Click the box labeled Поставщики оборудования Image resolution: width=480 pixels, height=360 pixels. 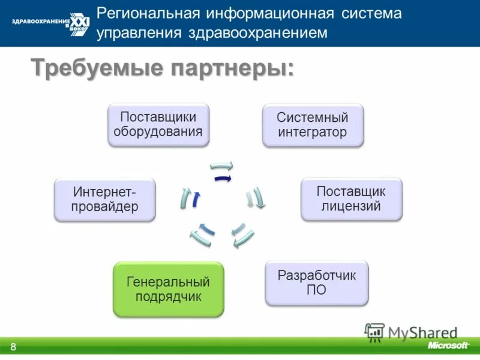click(158, 124)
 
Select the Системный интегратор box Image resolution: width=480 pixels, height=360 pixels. click(313, 125)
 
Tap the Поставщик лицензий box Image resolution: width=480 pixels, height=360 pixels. click(351, 199)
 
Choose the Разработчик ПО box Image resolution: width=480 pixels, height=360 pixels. click(317, 283)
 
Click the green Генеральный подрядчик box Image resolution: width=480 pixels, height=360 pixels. click(168, 289)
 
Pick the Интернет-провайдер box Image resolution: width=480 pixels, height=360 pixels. click(105, 199)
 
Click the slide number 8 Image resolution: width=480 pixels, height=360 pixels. click(13, 347)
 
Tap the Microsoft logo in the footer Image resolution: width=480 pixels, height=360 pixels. click(448, 346)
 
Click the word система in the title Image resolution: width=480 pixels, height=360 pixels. click(368, 13)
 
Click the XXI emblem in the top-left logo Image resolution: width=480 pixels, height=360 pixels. click(80, 22)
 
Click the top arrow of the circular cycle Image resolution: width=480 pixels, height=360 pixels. click(221, 166)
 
